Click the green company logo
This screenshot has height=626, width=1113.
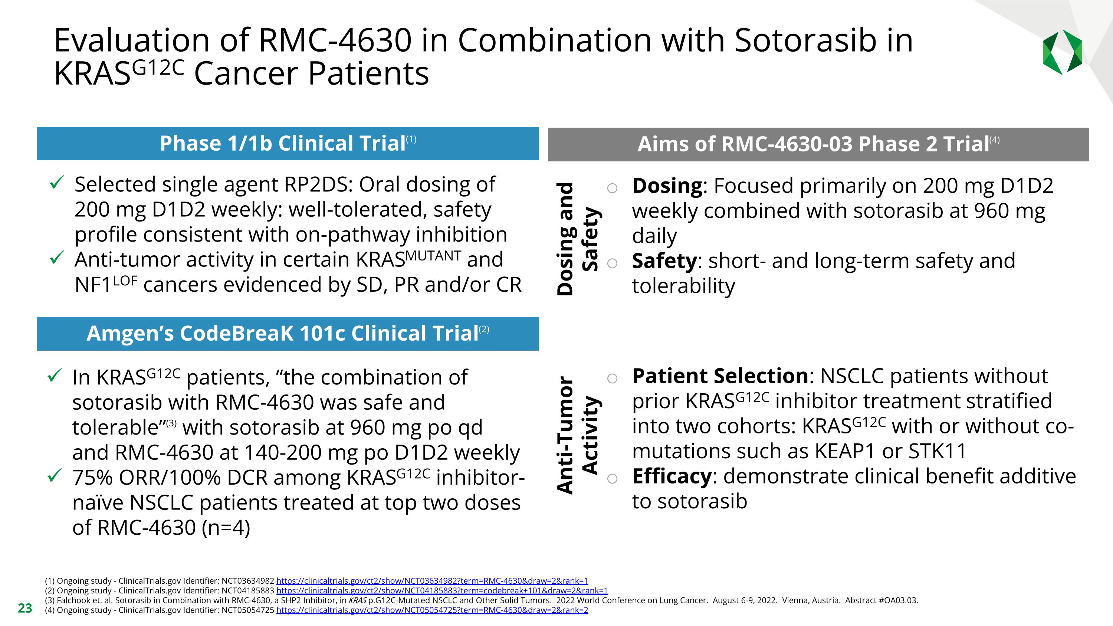tap(1062, 52)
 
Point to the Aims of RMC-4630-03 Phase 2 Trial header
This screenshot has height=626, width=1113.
tap(818, 144)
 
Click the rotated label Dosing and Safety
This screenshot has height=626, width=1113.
tap(577, 239)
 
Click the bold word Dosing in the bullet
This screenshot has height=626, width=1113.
tap(667, 186)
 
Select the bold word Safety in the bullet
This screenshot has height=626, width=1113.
tap(664, 261)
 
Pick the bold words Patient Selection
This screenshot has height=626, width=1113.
tap(720, 376)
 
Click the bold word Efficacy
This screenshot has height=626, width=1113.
tap(672, 476)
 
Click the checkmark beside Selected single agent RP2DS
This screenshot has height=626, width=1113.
tap(57, 182)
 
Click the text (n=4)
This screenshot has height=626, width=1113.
tap(226, 528)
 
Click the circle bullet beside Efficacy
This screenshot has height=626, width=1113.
tap(612, 478)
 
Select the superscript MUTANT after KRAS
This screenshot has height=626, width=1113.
tap(433, 256)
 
